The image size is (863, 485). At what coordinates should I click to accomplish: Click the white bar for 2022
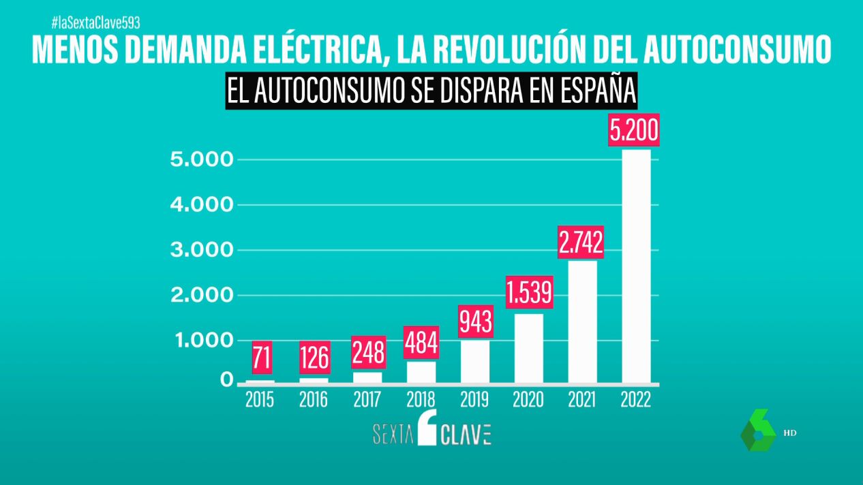pos(636,266)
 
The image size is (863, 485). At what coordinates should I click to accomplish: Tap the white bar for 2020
pos(528,348)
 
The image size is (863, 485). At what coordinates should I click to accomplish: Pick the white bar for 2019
pos(475,362)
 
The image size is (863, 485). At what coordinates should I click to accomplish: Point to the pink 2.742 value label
pos(581,242)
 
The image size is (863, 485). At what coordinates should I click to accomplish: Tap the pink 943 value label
pos(475,322)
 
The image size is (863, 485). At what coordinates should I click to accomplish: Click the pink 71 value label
pos(260,358)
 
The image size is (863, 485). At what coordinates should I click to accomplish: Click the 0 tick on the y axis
pos(227,381)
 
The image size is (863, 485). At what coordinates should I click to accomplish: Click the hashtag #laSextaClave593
pos(95,22)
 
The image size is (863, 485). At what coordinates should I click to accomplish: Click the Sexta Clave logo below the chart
pos(431,431)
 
